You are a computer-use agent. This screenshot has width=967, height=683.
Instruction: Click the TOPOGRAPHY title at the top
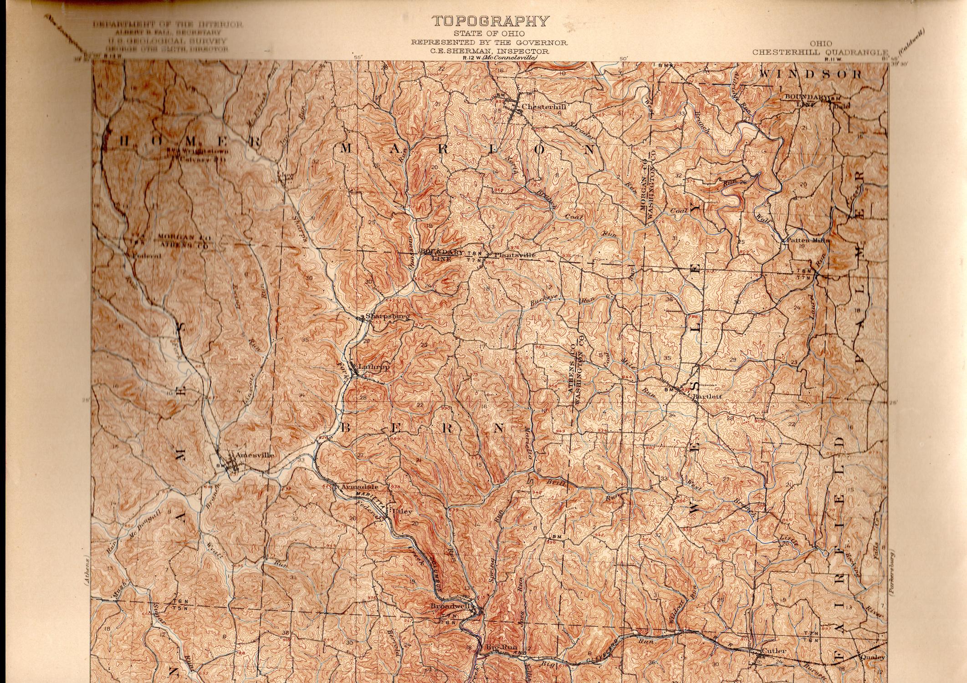point(490,21)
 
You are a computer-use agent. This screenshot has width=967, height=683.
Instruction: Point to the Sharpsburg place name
point(384,316)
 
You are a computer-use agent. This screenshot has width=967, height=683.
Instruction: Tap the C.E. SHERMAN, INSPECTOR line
point(490,51)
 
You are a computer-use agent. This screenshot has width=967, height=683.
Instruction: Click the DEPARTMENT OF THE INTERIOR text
point(168,25)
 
